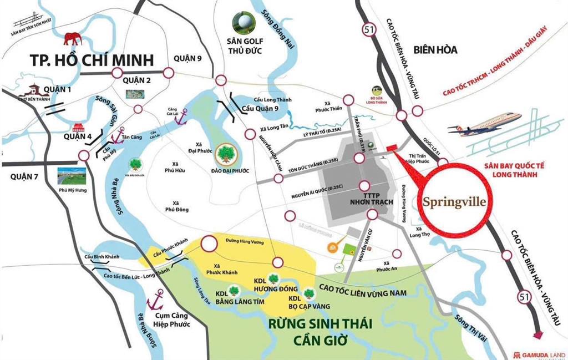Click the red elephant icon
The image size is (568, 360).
[73, 38]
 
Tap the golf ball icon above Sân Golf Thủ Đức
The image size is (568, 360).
[244, 22]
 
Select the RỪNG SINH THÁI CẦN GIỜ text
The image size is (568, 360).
[318, 331]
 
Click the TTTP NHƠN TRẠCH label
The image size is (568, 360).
[364, 200]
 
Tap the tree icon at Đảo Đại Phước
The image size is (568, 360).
[226, 153]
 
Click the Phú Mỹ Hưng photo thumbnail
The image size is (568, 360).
[72, 176]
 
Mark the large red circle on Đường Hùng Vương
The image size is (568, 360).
[209, 244]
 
